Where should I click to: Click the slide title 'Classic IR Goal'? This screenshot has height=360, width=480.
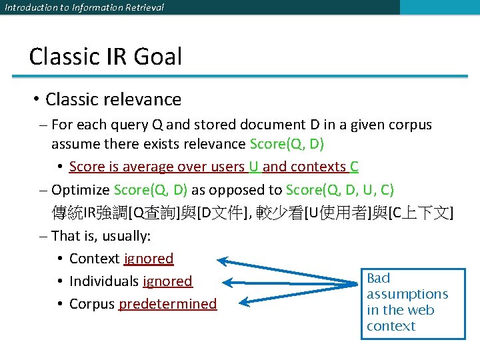105,57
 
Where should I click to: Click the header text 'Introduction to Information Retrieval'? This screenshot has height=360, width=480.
84,7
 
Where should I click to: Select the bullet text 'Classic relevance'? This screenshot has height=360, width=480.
113,99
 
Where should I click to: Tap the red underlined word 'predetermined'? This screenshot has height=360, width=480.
167,304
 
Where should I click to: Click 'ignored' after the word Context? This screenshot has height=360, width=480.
149,259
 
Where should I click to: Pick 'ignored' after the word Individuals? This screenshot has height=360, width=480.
167,281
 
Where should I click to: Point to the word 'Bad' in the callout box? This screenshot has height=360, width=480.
378,278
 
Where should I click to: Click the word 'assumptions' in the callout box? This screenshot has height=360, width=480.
407,294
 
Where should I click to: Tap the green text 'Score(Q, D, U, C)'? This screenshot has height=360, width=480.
339,190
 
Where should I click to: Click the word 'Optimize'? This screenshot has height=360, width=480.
80,190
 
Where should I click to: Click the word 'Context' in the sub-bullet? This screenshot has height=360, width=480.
94,259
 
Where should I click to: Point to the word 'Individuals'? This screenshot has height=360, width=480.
104,281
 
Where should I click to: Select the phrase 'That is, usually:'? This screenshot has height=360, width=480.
101,236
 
